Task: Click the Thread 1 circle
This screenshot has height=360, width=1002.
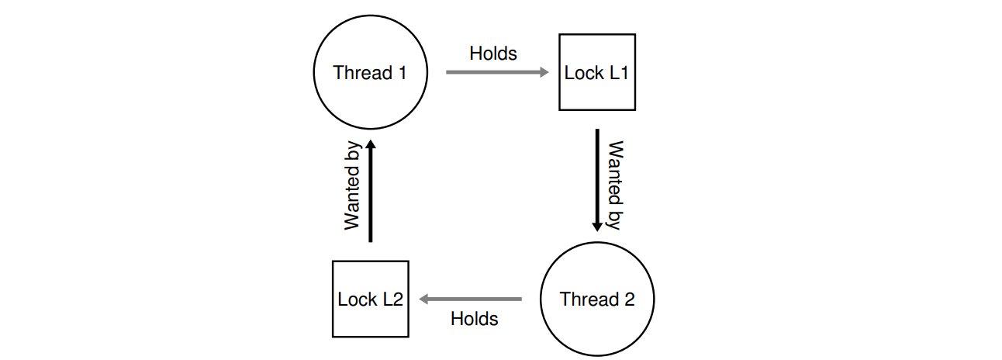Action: coord(370,72)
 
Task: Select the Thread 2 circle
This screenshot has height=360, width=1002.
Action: coord(597,299)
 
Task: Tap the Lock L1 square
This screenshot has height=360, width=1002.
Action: coord(597,72)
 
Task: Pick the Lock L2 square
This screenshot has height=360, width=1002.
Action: coord(370,299)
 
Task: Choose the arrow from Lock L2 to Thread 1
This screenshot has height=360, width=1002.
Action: coord(371,191)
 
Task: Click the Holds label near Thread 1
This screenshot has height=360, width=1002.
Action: coord(493,54)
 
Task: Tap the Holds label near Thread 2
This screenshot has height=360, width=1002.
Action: coord(474,318)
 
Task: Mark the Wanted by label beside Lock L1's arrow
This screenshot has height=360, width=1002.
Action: coord(615,185)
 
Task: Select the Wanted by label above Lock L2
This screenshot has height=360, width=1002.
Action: coord(353,185)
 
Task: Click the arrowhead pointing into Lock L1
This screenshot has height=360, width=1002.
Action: coord(544,72)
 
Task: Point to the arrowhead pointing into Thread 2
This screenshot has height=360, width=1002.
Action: coord(597,226)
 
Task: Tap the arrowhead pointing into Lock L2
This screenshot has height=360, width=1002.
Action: coord(425,299)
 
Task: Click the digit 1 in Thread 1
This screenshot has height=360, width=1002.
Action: coord(401,73)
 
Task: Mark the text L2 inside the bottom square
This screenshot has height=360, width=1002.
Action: coord(392,300)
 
